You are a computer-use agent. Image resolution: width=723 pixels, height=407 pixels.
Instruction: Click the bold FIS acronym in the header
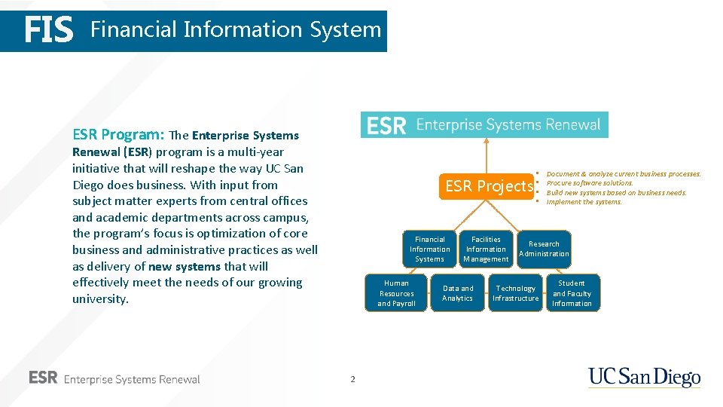pos(49,31)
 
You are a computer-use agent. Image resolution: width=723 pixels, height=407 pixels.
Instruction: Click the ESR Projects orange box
pos(488,186)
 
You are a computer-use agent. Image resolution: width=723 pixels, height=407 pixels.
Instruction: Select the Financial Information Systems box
pos(430,249)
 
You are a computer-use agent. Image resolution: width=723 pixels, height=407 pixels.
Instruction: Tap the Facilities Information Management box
pos(486,249)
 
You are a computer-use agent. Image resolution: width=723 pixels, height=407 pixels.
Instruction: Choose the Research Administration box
pos(544,249)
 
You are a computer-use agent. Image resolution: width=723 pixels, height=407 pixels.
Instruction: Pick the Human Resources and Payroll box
pos(396,293)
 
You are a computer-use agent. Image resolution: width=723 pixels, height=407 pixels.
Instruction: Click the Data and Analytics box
pos(458,293)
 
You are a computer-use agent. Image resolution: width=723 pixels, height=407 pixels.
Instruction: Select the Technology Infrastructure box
pos(516,293)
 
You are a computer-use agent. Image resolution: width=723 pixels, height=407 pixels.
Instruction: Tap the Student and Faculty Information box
pos(572,293)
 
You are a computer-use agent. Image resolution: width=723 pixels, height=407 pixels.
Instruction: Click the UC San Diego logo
pos(644,377)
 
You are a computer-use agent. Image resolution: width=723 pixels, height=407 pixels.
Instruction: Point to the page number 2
pos(352,379)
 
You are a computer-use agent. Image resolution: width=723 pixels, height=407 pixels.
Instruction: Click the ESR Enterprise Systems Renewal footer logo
pos(114,378)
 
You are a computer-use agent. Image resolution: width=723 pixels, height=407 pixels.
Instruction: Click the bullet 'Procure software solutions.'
pos(590,183)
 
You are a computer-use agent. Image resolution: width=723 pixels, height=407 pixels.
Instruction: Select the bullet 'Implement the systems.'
pos(584,202)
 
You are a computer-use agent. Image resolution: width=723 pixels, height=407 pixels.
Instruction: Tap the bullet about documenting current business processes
pos(623,174)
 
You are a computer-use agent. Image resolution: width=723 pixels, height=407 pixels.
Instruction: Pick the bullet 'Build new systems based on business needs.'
pos(616,193)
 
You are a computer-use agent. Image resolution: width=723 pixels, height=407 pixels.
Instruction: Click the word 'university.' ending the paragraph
pos(100,299)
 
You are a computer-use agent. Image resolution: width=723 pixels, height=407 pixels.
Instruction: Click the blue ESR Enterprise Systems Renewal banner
pos(484,125)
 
